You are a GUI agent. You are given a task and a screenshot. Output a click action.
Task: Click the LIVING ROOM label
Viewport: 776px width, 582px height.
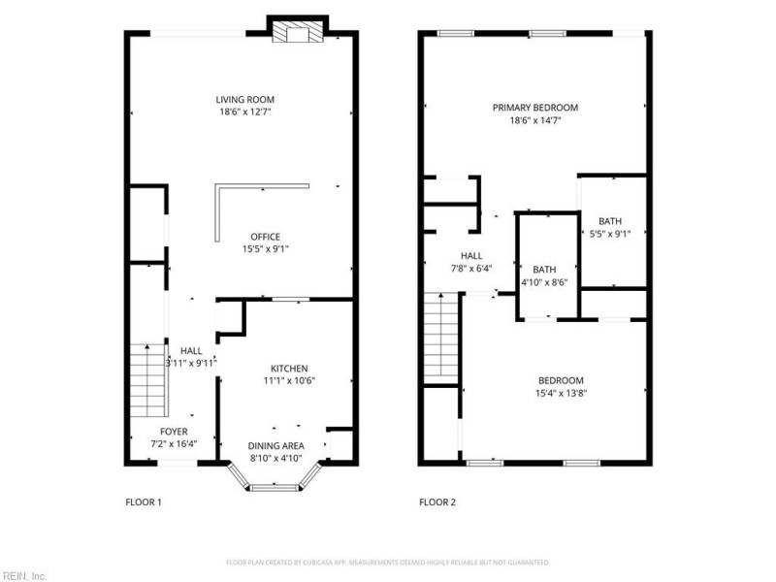coord(244,99)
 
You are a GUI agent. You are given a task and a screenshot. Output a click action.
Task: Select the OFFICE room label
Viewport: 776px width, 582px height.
coord(265,237)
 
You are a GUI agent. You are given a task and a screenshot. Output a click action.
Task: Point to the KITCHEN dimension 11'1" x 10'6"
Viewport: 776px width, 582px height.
coord(289,380)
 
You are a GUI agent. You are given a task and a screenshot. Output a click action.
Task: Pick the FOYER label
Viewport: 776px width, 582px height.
coord(175,432)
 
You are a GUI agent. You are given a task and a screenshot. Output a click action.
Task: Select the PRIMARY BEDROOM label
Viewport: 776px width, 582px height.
coord(534,108)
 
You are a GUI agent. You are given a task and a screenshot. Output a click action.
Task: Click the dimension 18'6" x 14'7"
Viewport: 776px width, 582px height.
coord(534,120)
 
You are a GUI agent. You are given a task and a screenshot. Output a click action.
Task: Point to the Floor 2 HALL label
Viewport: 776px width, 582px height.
coord(471,256)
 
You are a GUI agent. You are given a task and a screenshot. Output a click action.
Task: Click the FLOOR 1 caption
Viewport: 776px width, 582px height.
coord(144,502)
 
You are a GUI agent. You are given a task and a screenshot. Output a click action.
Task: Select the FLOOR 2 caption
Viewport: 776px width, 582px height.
coord(436,502)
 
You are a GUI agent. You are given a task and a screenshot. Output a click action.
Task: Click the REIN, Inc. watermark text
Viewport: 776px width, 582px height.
coord(23,575)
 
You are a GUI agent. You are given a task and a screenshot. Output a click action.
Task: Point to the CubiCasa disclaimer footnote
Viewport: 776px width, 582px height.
coord(388,563)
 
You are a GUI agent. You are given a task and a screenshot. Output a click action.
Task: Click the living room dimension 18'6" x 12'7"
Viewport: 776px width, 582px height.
coord(244,112)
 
